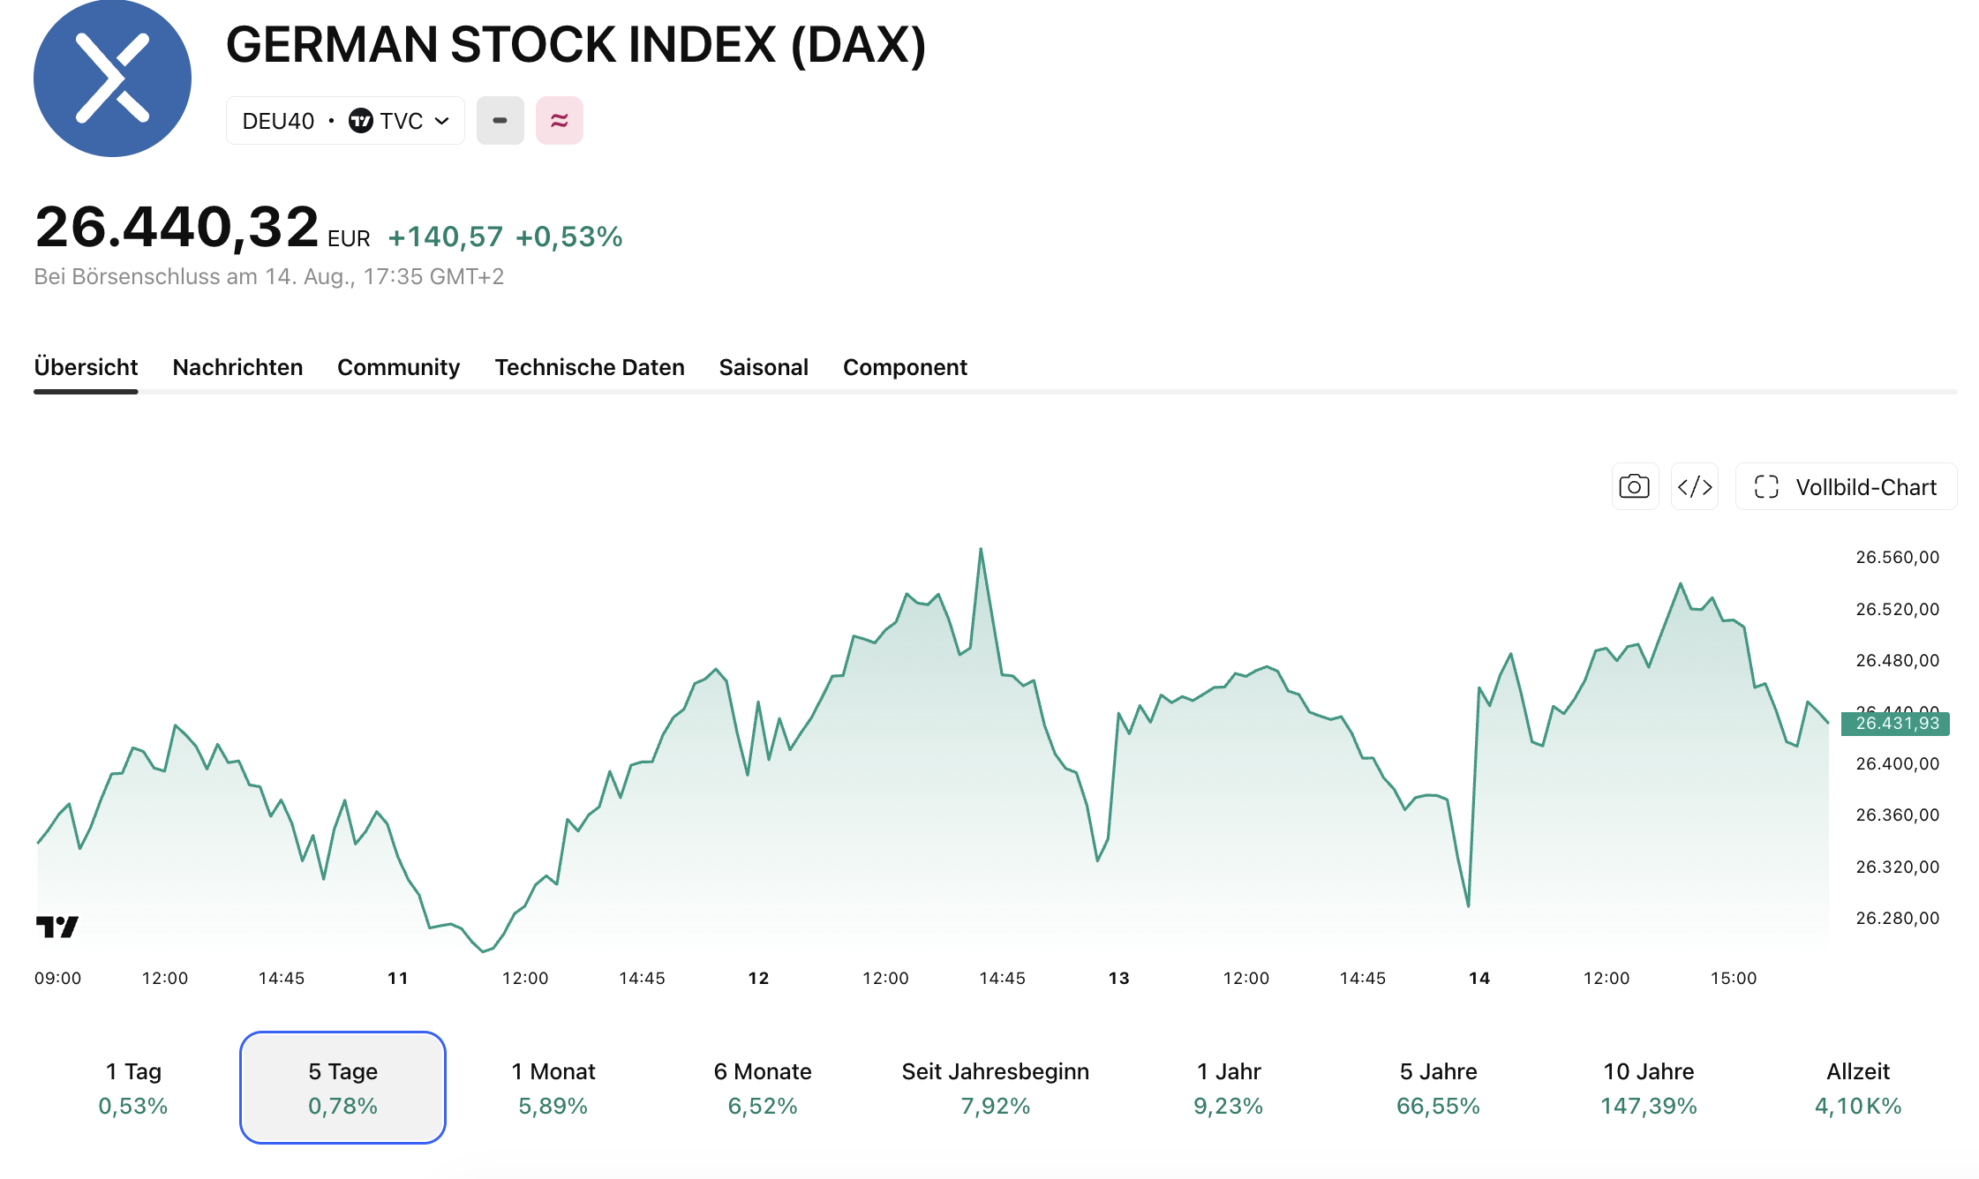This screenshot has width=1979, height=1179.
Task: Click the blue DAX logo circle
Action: (x=112, y=79)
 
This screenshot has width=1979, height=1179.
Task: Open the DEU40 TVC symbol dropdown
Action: (x=345, y=121)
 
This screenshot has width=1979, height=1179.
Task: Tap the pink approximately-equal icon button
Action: (x=560, y=121)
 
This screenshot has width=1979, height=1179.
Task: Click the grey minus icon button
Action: (x=500, y=121)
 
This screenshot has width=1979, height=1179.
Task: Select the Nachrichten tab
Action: (x=237, y=367)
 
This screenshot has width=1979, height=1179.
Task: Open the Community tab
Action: (x=398, y=367)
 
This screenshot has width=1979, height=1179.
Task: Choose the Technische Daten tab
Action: (x=590, y=367)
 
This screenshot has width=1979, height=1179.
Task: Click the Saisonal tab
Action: (x=764, y=367)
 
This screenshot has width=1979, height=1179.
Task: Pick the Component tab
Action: (x=905, y=367)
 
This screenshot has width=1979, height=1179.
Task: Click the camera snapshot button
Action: (x=1635, y=486)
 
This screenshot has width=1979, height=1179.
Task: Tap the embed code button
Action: (x=1695, y=486)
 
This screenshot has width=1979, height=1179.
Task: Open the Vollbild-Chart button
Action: (x=1847, y=486)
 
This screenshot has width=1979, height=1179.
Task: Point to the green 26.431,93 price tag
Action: (x=1895, y=724)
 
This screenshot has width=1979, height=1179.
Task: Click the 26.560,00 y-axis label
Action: (x=1898, y=557)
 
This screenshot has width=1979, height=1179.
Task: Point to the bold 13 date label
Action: (x=1119, y=978)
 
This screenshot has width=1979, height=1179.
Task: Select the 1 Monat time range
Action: (x=553, y=1087)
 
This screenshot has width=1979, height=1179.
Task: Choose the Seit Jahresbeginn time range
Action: (x=996, y=1087)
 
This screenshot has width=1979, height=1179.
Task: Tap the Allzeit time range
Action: (x=1858, y=1087)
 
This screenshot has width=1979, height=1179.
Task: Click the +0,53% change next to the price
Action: (x=569, y=237)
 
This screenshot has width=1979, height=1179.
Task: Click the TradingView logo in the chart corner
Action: (x=57, y=927)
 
